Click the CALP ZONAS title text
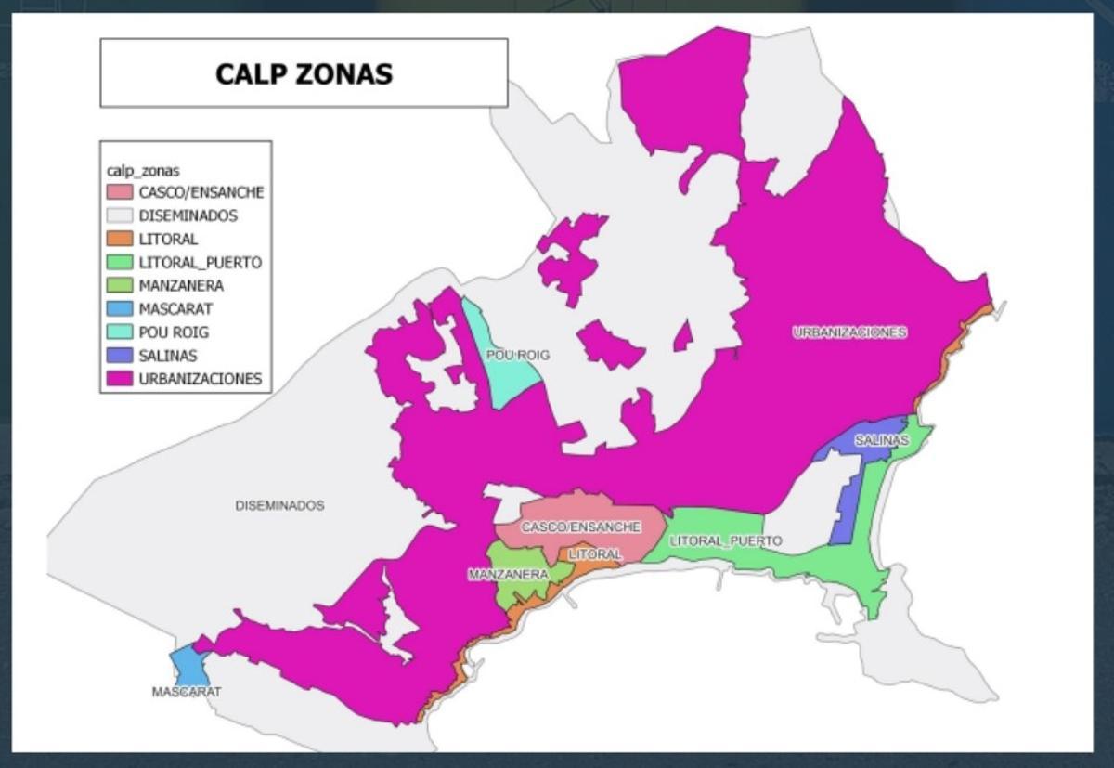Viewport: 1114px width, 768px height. pyautogui.click(x=304, y=73)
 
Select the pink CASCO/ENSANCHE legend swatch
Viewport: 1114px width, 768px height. pyautogui.click(x=120, y=193)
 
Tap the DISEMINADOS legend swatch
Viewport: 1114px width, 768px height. pyautogui.click(x=120, y=216)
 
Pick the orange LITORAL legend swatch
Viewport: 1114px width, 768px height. pyautogui.click(x=120, y=240)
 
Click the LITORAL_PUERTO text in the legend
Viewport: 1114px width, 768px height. pyautogui.click(x=200, y=263)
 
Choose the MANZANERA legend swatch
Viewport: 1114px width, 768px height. pyautogui.click(x=120, y=286)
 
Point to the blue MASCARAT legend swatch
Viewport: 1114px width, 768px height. pyautogui.click(x=120, y=309)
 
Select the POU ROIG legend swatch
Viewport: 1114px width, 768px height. pyautogui.click(x=120, y=332)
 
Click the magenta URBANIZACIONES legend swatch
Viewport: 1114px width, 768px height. pyautogui.click(x=120, y=379)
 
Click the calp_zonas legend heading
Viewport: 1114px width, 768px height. pyautogui.click(x=143, y=171)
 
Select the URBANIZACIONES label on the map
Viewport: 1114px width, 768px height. pyautogui.click(x=849, y=332)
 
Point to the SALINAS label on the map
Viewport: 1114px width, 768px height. pyautogui.click(x=881, y=440)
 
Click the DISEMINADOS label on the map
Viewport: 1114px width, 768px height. pyautogui.click(x=279, y=506)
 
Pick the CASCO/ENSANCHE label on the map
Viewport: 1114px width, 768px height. pyautogui.click(x=580, y=527)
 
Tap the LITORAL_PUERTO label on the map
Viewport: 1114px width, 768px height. pyautogui.click(x=725, y=540)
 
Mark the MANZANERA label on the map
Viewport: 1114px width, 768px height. pyautogui.click(x=508, y=575)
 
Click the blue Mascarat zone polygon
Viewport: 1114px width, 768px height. pyautogui.click(x=188, y=664)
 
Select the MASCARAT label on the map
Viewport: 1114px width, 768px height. pyautogui.click(x=187, y=692)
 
